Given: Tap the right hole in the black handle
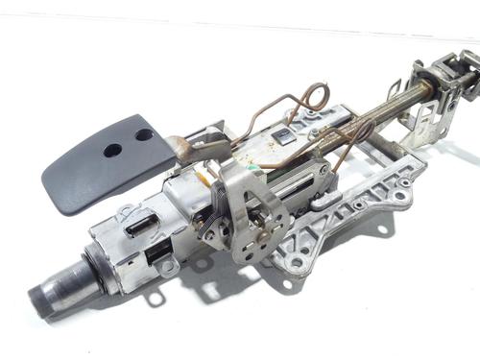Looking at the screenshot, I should coord(143,134).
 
